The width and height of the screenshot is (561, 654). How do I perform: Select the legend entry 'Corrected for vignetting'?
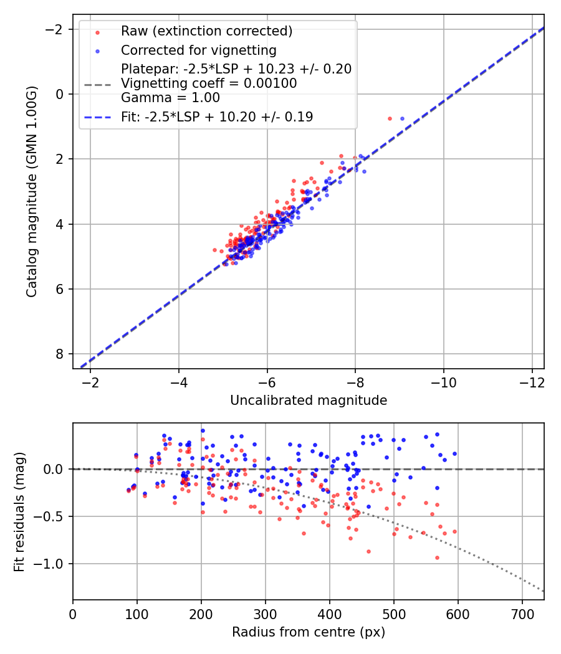(198, 50)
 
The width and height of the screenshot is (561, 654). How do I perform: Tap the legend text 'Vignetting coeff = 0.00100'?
(209, 83)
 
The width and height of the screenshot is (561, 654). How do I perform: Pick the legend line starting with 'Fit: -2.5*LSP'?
(217, 116)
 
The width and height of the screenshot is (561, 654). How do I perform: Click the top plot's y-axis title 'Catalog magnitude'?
(32, 192)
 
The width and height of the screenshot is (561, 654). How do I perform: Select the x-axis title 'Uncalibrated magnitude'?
(309, 400)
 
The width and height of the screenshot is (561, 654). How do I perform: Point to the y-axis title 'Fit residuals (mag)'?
(19, 511)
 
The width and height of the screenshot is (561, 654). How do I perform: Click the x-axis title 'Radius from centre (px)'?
(309, 632)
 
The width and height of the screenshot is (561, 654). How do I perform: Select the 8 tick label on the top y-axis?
(59, 354)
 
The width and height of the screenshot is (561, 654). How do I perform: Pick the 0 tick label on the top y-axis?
(59, 94)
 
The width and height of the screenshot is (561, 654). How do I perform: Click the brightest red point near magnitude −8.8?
(390, 118)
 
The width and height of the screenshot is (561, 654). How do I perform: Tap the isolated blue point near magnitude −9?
(402, 118)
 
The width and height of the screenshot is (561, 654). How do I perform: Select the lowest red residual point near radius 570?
(437, 557)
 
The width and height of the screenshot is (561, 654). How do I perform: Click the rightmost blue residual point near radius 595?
(454, 453)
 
